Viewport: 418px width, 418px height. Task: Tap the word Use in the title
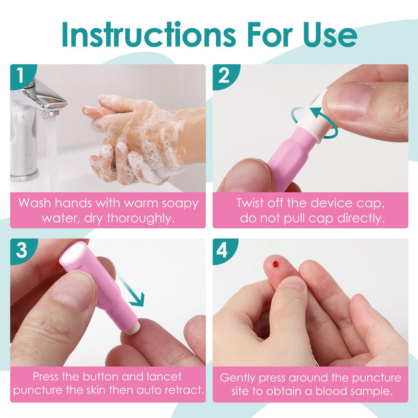click(x=330, y=34)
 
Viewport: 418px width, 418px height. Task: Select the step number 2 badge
click(x=225, y=76)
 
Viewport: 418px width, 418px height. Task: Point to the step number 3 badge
click(x=22, y=251)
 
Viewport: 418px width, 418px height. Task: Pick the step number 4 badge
click(x=224, y=251)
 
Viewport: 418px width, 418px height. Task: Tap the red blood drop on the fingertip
click(x=275, y=264)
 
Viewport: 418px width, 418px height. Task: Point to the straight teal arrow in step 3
click(x=132, y=292)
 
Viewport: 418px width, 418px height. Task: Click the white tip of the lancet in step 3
click(x=132, y=328)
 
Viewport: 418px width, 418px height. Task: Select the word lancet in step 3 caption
click(x=164, y=376)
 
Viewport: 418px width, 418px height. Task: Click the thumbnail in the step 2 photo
click(x=349, y=101)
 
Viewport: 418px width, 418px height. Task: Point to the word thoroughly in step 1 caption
click(x=141, y=218)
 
